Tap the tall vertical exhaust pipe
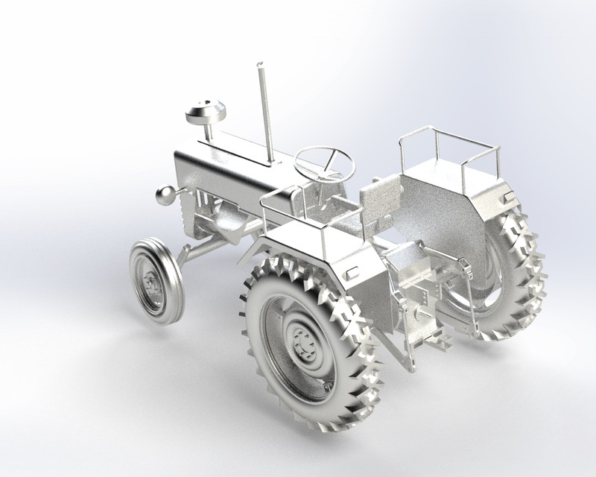(x=264, y=112)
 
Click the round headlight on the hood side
(x=165, y=195)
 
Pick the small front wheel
(x=155, y=282)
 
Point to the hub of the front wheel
(x=152, y=284)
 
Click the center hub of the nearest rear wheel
(x=303, y=344)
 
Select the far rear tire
(x=514, y=276)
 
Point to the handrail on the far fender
(x=447, y=145)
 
